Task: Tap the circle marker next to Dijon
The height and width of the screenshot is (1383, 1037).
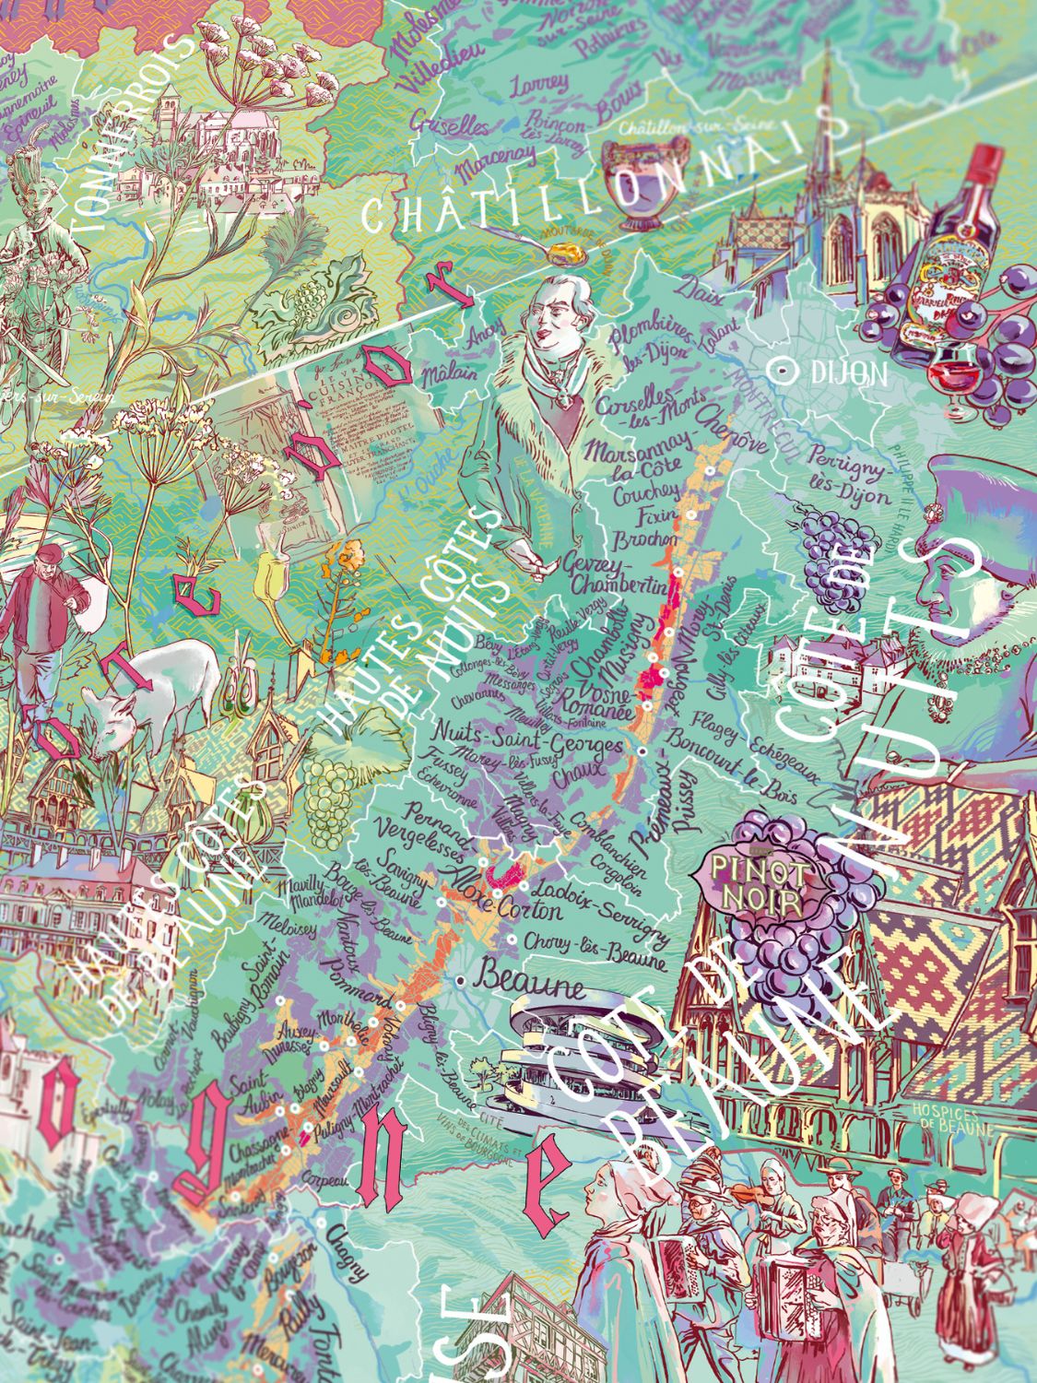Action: [x=785, y=371]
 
